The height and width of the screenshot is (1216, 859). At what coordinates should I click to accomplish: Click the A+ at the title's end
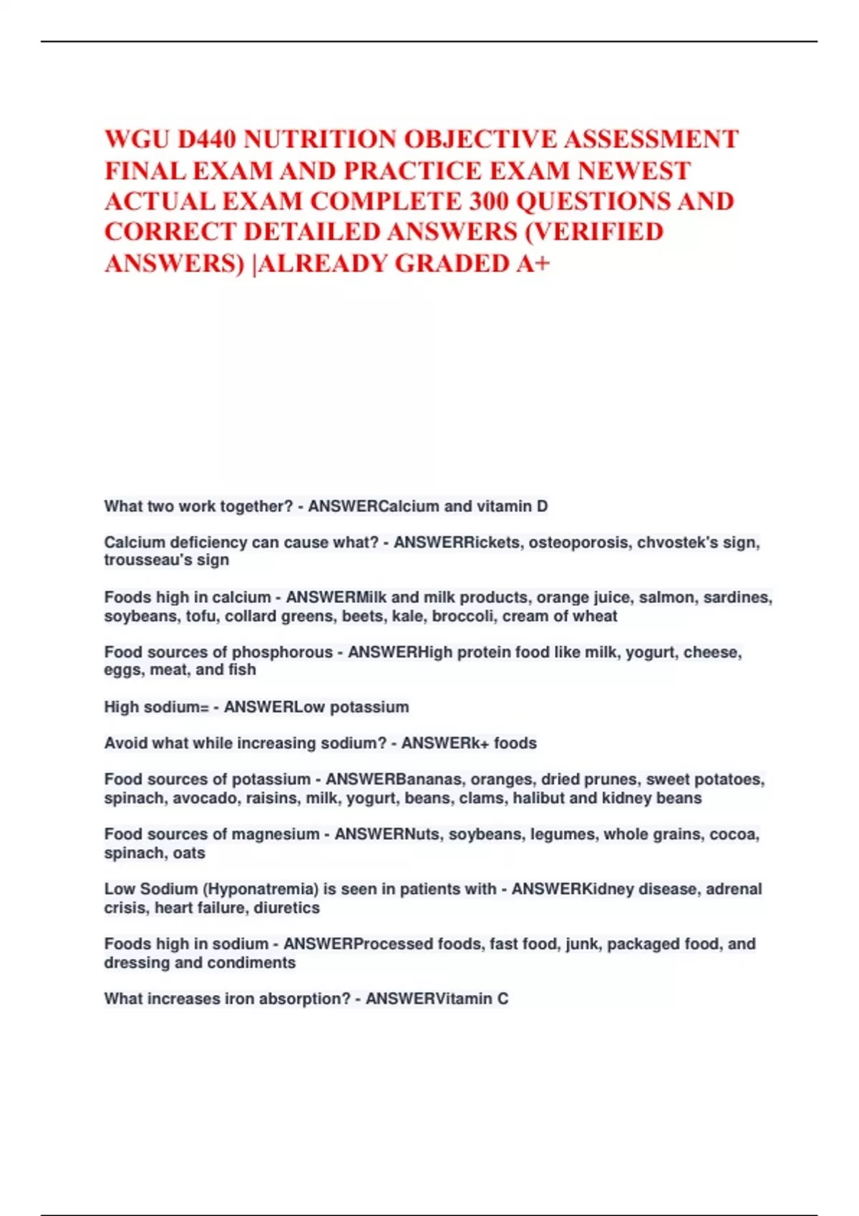(x=533, y=264)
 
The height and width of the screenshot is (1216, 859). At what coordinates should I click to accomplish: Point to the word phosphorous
(x=282, y=652)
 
